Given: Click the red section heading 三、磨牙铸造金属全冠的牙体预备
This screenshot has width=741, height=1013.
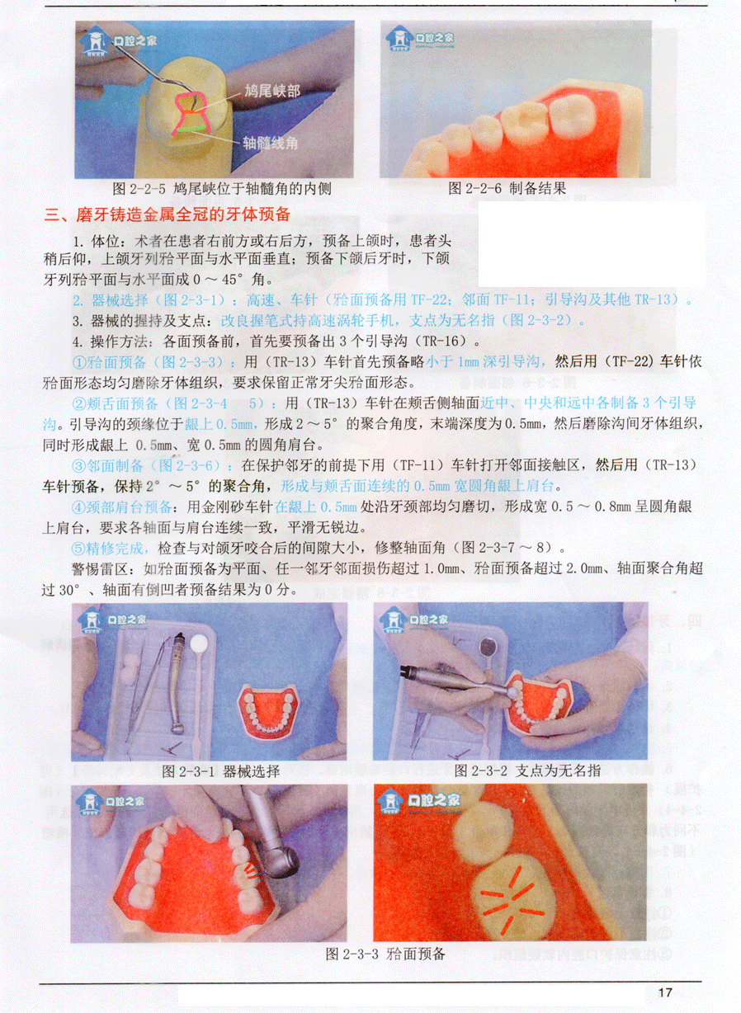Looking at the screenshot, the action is click(x=167, y=214).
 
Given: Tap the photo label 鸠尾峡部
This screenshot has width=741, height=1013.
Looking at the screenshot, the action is click(x=272, y=91).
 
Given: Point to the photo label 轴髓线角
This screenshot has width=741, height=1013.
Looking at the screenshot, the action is click(x=271, y=143).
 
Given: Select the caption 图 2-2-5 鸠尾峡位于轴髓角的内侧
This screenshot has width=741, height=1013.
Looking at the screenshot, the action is click(x=222, y=188).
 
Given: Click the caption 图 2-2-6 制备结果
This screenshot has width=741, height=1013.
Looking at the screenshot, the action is click(x=507, y=188).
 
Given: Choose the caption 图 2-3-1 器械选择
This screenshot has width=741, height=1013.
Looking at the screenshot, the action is click(x=221, y=771).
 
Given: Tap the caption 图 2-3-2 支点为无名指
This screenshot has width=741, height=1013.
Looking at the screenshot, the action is click(x=527, y=770).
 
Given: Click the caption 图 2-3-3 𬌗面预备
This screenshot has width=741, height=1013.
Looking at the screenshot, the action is click(x=385, y=954).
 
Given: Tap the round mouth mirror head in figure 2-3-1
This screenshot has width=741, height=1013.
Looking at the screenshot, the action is click(x=198, y=643).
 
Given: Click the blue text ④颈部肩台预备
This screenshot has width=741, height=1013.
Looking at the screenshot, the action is click(x=121, y=507).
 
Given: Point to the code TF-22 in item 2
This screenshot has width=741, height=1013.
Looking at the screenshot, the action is click(x=428, y=299).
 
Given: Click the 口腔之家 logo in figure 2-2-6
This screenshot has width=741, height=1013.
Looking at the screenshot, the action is click(x=419, y=37).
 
